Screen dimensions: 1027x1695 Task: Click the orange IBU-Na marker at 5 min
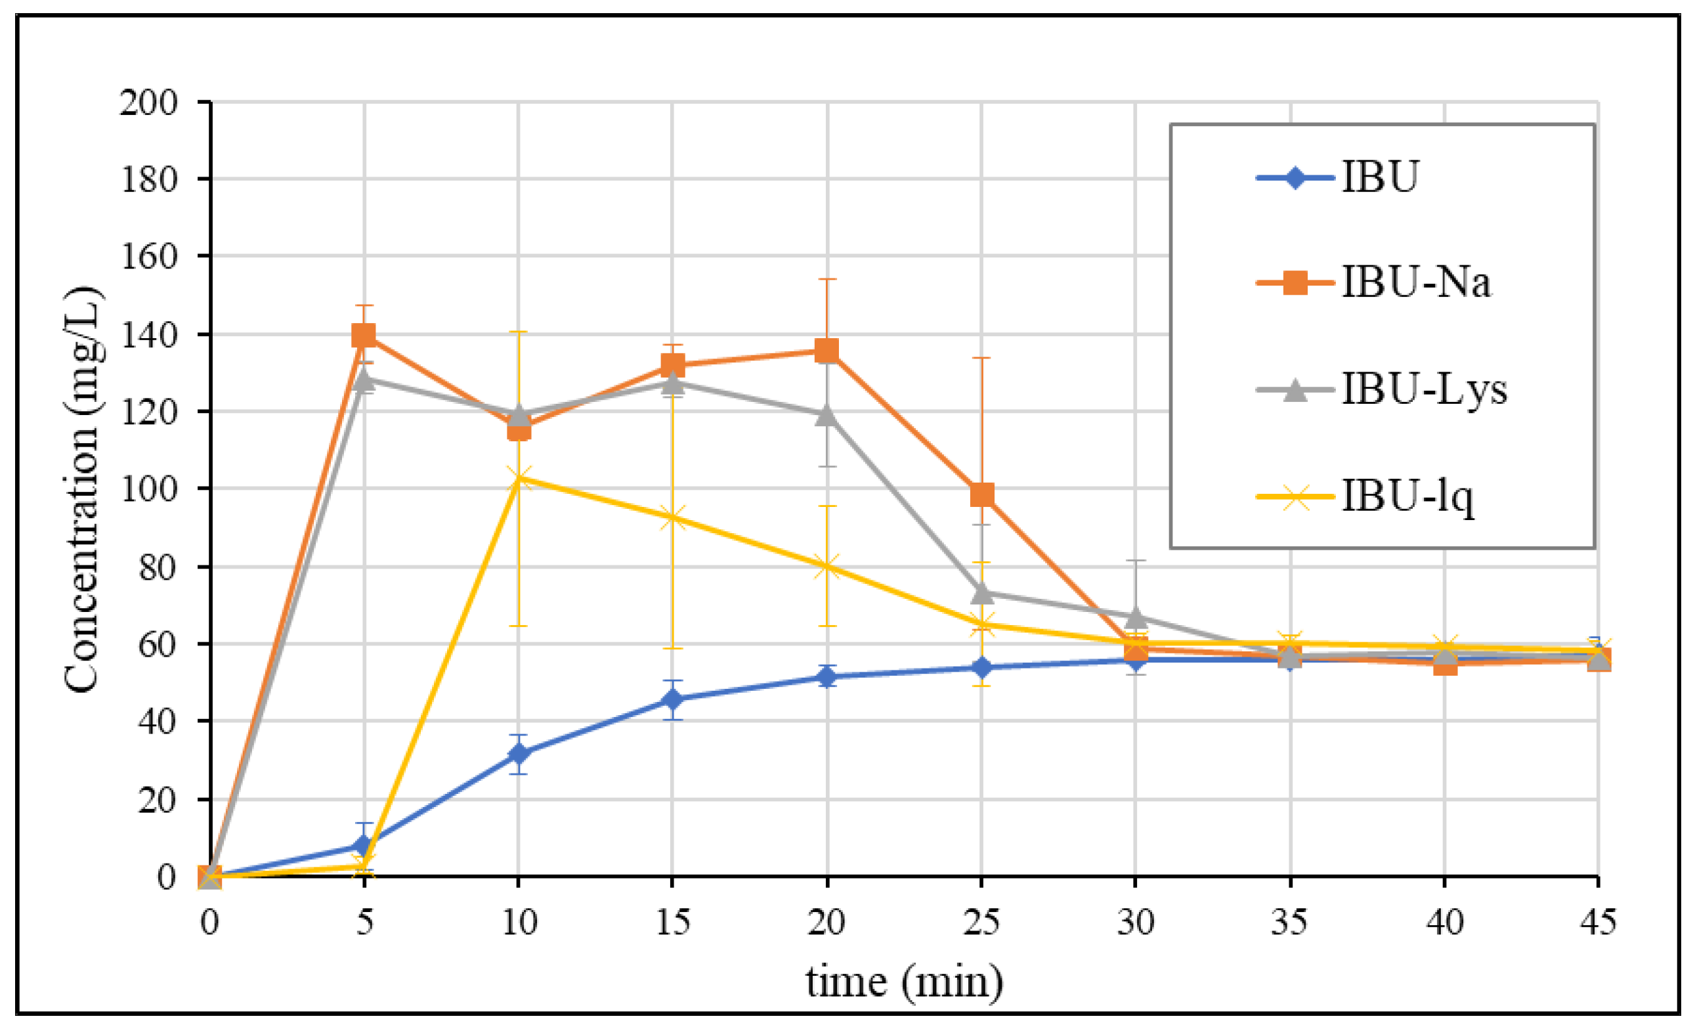point(364,336)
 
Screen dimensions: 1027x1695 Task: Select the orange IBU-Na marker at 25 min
point(981,494)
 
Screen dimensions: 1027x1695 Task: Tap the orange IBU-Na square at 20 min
point(827,351)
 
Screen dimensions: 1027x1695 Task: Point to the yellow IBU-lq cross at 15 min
point(672,519)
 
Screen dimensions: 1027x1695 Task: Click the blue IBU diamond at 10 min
point(519,754)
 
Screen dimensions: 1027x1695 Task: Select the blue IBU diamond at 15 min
point(672,700)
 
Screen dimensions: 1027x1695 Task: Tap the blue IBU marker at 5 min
point(364,845)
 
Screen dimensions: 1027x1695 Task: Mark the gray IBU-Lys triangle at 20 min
point(827,416)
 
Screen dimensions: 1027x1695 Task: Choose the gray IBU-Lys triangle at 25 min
point(981,593)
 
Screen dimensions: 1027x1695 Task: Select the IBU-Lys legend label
point(1424,390)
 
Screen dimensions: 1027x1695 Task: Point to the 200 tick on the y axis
point(149,103)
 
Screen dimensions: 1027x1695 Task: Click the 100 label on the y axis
point(149,489)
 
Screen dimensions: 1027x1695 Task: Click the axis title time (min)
point(904,982)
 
